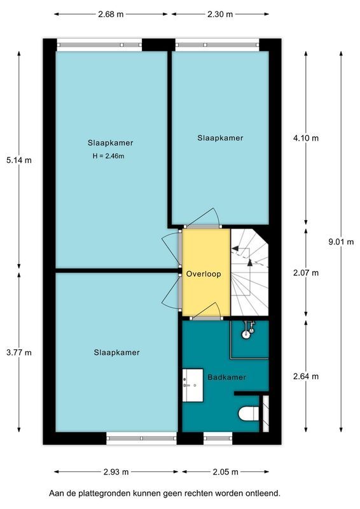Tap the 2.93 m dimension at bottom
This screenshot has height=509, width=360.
pyautogui.click(x=116, y=472)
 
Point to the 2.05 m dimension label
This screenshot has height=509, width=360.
pyautogui.click(x=225, y=472)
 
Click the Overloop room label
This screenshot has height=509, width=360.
pyautogui.click(x=204, y=274)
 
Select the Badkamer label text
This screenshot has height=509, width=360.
pyautogui.click(x=226, y=377)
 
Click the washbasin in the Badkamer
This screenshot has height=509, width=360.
pyautogui.click(x=191, y=386)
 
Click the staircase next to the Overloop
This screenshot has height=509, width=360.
pyautogui.click(x=249, y=272)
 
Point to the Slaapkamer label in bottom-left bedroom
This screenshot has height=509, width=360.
pyautogui.click(x=116, y=352)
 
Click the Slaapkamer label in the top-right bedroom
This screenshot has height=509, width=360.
pyautogui.click(x=220, y=137)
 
